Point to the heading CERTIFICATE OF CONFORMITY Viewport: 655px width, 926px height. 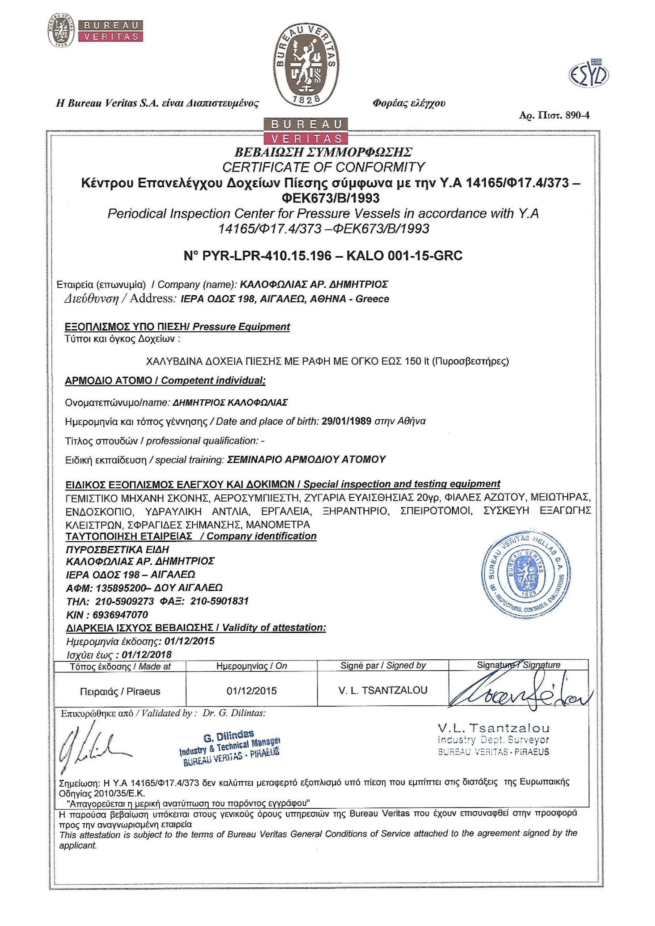point(324,167)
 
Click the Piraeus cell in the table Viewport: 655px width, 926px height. point(120,691)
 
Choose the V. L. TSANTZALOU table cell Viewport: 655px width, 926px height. point(383,691)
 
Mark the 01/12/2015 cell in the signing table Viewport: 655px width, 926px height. point(252,691)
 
